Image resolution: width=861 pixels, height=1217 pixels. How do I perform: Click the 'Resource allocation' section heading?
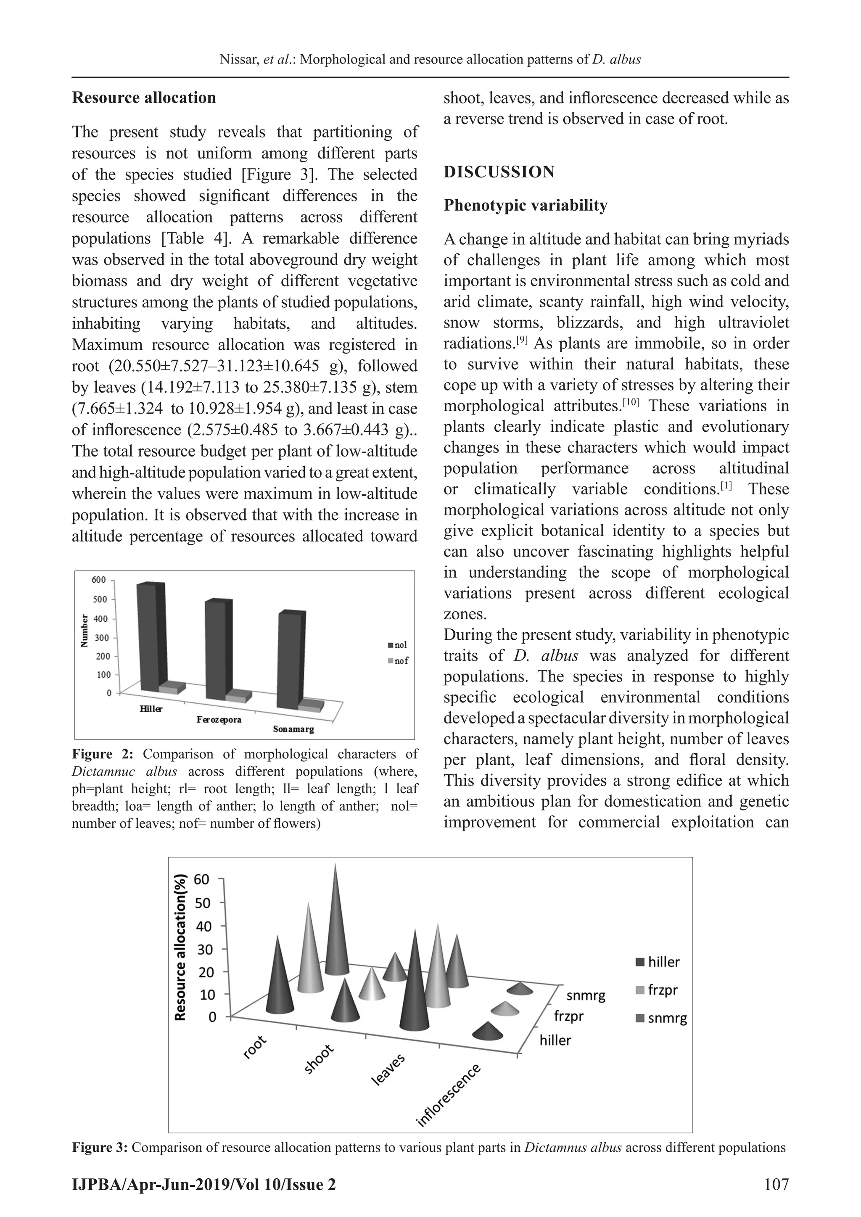(144, 98)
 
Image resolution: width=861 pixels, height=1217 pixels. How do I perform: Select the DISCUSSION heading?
(499, 172)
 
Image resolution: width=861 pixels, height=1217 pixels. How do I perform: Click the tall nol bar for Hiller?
(148, 636)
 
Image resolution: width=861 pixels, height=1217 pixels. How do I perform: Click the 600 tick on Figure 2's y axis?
(99, 580)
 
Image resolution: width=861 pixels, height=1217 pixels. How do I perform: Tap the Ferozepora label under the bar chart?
(219, 720)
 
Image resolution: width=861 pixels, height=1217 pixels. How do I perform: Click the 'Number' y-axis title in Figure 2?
(84, 631)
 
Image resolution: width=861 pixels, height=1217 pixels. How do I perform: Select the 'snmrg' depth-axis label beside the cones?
(585, 995)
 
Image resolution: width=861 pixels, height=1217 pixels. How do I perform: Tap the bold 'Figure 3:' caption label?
(100, 1148)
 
